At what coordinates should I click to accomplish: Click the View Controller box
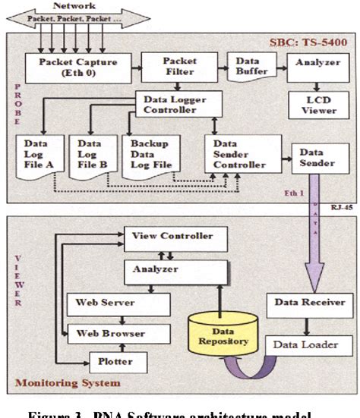(x=173, y=236)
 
